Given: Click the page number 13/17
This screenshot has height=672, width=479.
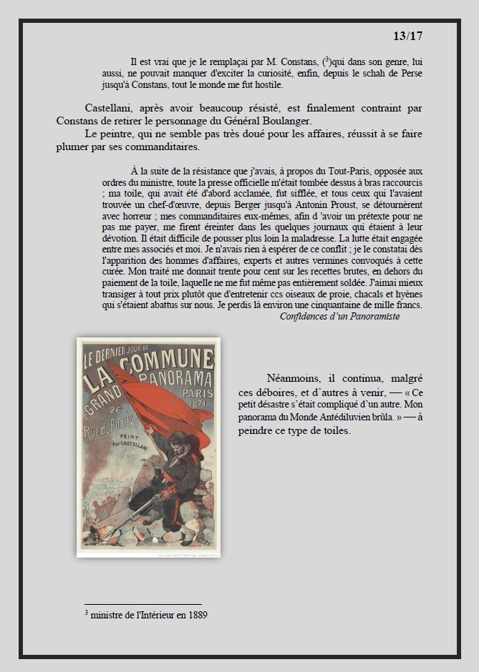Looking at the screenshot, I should tap(408, 36).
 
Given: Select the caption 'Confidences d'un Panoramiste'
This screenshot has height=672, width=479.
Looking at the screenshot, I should tap(339, 316).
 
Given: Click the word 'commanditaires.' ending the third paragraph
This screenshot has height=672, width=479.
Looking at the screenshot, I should tap(162, 147).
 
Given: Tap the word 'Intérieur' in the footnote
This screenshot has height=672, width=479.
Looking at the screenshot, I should tap(153, 615).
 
